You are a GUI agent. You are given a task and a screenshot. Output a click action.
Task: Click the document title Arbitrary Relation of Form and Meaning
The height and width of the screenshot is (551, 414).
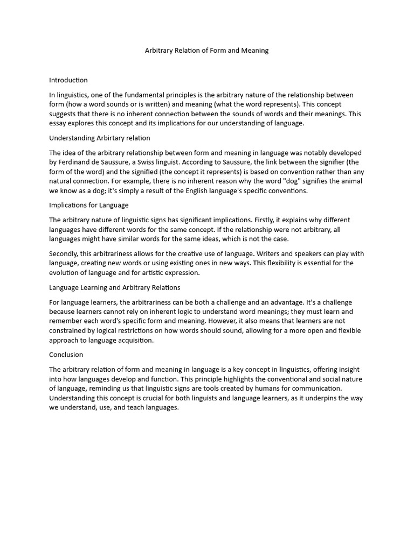pos(206,51)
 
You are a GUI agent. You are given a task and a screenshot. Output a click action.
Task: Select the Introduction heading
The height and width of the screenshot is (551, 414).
pos(68,80)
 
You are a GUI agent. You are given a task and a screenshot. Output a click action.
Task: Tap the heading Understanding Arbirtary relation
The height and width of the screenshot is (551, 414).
pos(100,138)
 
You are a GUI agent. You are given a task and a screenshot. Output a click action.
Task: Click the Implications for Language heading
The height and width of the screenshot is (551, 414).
pos(88,205)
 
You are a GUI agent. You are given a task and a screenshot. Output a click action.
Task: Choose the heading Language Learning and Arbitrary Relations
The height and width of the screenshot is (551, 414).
pos(114,287)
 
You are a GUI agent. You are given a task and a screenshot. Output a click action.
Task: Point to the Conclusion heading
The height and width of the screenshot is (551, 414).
pos(66,355)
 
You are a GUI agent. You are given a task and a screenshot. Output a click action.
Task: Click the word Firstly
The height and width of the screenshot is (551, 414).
pos(252,220)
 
